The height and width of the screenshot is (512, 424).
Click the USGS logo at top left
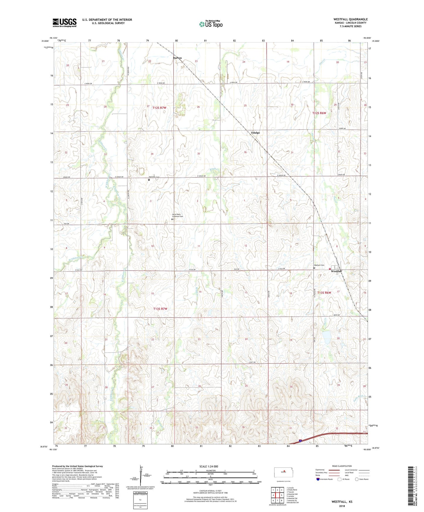point(65,23)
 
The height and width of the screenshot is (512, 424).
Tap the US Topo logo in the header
point(211,24)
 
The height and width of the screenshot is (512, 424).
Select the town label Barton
point(177,58)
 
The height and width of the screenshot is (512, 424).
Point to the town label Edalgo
point(255,133)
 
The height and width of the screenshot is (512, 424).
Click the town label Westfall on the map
point(336,272)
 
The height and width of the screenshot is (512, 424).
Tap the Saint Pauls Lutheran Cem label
point(177,216)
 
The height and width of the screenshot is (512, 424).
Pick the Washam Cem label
point(319,265)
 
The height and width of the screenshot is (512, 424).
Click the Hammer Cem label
point(154,177)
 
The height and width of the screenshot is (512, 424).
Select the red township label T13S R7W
point(160,309)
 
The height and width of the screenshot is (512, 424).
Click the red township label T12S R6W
point(319,113)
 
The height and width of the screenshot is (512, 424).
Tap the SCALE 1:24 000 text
point(209,466)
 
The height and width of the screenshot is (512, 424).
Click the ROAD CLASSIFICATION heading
point(342,466)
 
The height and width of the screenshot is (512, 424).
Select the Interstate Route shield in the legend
point(318,479)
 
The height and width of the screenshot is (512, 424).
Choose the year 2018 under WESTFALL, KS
point(342,506)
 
